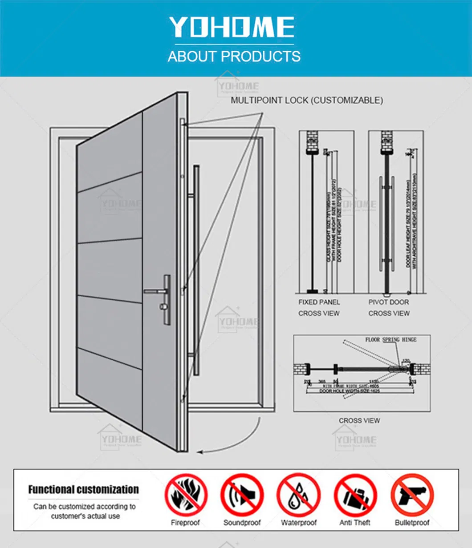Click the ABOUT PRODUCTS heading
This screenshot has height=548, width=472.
[x=234, y=56]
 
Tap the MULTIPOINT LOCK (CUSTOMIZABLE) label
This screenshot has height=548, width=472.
[x=306, y=101]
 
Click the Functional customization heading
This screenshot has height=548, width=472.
[x=83, y=490]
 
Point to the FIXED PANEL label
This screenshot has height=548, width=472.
[x=319, y=302]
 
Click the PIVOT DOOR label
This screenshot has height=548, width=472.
[x=388, y=302]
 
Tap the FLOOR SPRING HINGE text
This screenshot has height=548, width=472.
[x=391, y=339]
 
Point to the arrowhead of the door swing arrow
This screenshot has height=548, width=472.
[x=200, y=452]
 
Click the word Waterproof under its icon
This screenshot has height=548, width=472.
[x=298, y=523]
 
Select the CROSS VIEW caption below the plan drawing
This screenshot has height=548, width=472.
[x=359, y=420]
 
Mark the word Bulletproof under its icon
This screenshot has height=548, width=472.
[x=411, y=523]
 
